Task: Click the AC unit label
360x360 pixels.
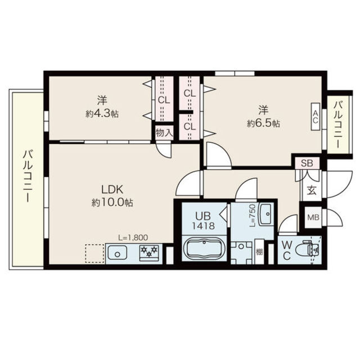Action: click(x=316, y=117)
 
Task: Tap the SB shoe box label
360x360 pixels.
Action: click(x=307, y=163)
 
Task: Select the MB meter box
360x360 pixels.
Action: click(x=313, y=217)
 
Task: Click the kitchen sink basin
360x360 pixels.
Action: click(x=118, y=253)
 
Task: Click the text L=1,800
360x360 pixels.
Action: click(x=133, y=237)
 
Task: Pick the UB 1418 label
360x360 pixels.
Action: click(x=203, y=221)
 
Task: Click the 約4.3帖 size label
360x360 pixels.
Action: click(x=102, y=114)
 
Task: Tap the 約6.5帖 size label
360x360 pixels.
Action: click(x=263, y=124)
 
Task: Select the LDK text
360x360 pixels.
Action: click(x=112, y=190)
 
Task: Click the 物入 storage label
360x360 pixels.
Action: click(x=164, y=133)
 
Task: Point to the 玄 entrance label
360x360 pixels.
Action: click(x=312, y=190)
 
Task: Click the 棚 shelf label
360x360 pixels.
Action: click(x=259, y=253)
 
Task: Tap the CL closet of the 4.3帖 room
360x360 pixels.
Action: click(x=164, y=100)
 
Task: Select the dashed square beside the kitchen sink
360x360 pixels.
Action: click(x=94, y=253)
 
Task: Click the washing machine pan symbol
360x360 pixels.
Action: click(x=241, y=253)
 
